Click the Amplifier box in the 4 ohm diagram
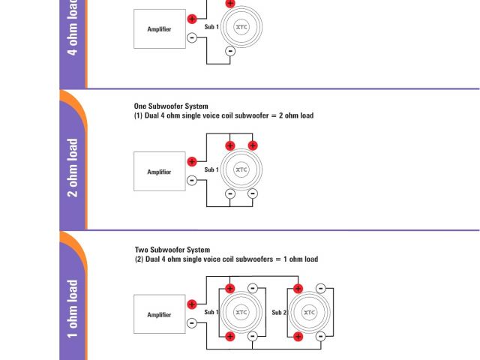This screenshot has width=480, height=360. [x=160, y=29]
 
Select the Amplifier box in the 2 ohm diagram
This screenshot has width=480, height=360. [x=159, y=172]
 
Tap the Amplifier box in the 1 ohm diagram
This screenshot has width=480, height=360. [x=159, y=314]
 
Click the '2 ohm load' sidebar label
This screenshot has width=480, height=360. [x=73, y=167]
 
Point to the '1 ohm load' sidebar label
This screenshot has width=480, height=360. [x=73, y=309]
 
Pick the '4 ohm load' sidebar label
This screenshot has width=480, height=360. [x=73, y=28]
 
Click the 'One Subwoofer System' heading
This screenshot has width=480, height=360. [x=171, y=106]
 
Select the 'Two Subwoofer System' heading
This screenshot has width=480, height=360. [x=172, y=250]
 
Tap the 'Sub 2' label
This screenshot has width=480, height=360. [x=279, y=312]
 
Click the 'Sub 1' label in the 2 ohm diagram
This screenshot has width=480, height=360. [x=211, y=169]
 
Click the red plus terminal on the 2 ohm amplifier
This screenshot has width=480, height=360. [x=192, y=161]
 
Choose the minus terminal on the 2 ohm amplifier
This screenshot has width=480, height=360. [x=192, y=180]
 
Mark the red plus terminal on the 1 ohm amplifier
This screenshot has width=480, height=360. [x=192, y=304]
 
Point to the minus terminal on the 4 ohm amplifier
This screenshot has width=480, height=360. [x=192, y=37]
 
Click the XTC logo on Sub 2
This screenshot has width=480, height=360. [x=309, y=312]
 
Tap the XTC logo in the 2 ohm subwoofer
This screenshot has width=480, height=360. [x=241, y=169]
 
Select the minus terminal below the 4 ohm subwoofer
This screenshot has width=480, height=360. [x=229, y=51]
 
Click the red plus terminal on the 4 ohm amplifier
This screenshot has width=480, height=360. [x=192, y=19]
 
